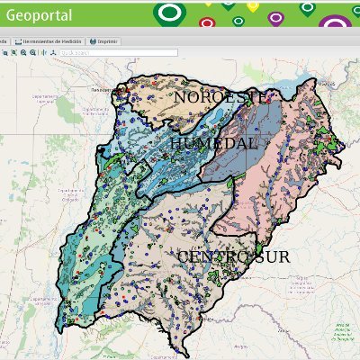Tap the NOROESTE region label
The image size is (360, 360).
tap(221, 96)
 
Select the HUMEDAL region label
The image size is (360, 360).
tap(214, 144)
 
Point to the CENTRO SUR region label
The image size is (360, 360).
tap(233, 256)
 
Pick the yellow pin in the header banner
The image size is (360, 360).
tap(253, 6)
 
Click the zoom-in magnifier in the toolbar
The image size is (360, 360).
tap(14, 53)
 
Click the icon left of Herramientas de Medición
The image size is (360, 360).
tap(18, 41)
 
